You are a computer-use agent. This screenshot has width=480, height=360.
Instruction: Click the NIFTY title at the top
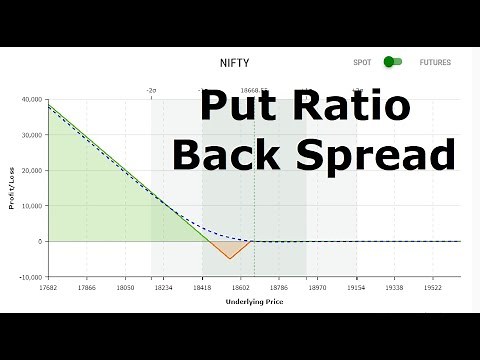click(x=235, y=62)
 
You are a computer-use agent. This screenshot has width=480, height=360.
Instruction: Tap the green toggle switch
click(x=393, y=62)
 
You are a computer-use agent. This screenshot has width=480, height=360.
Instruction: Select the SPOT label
click(x=362, y=62)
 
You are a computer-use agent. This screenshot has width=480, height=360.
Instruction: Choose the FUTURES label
click(x=435, y=62)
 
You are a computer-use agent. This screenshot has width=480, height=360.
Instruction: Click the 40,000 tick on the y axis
click(x=30, y=100)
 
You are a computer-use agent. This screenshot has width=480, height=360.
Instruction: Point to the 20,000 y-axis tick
click(x=30, y=171)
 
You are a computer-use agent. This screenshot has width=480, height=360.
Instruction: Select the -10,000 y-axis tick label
click(x=28, y=277)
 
